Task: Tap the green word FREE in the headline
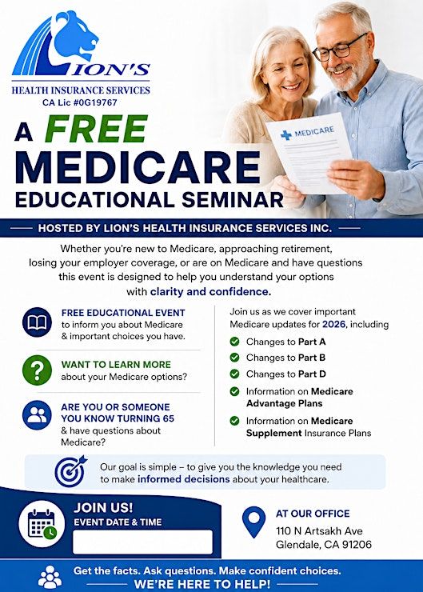[96, 129]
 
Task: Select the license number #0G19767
[95, 102]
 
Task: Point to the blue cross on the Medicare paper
[286, 134]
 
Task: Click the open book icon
[37, 322]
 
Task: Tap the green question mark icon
[37, 370]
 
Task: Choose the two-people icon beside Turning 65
[37, 415]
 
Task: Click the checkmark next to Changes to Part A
[234, 342]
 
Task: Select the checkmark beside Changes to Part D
[234, 374]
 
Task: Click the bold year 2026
[333, 324]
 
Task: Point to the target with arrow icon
[70, 471]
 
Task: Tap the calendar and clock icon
[42, 524]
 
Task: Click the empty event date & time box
[142, 542]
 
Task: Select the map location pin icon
[254, 522]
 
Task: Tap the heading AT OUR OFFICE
[313, 514]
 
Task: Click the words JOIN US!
[103, 507]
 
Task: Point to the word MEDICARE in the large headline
[138, 168]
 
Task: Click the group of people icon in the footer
[50, 577]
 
